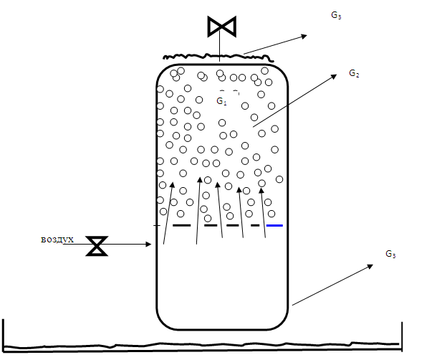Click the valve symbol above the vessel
click(x=221, y=27)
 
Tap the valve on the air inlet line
click(x=95, y=245)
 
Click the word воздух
click(x=57, y=239)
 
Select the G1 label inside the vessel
click(x=221, y=102)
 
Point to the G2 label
click(x=354, y=73)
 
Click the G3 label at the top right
click(x=335, y=15)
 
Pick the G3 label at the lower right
click(x=390, y=254)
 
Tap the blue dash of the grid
click(x=274, y=225)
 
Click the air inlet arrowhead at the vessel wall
click(x=150, y=245)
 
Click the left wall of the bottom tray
click(x=4, y=333)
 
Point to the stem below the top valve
click(x=220, y=46)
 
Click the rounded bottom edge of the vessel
click(x=222, y=331)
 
